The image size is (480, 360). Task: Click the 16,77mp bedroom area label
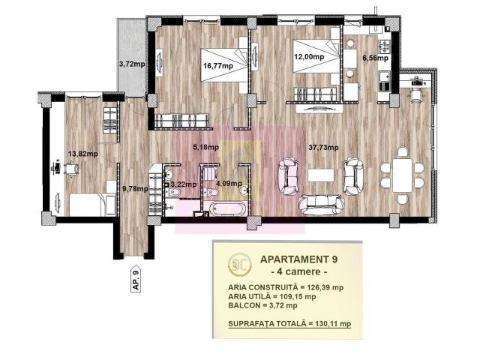(218, 66)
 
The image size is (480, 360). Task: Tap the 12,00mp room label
(309, 57)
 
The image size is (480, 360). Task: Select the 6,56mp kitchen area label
(375, 58)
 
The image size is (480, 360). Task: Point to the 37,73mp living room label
(323, 148)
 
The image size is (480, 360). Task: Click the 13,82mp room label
(83, 154)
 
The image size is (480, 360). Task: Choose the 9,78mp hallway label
(135, 189)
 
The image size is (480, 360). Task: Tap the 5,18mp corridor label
(205, 148)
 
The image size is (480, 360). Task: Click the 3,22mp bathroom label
(183, 184)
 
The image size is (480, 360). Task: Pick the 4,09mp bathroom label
(229, 184)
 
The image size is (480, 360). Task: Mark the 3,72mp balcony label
(132, 64)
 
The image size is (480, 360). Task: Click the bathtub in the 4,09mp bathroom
(227, 208)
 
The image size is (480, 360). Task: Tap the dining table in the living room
(402, 175)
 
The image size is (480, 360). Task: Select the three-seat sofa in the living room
(321, 204)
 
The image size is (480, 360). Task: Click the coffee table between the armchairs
(320, 175)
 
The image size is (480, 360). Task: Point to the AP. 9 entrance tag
(136, 278)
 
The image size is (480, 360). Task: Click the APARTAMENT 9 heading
(298, 259)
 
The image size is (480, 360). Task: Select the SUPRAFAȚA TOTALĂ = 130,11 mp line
(289, 324)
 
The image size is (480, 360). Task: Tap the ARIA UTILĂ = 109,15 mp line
(271, 296)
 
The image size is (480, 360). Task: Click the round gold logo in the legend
(240, 264)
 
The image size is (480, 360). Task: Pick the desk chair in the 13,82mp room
(71, 169)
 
